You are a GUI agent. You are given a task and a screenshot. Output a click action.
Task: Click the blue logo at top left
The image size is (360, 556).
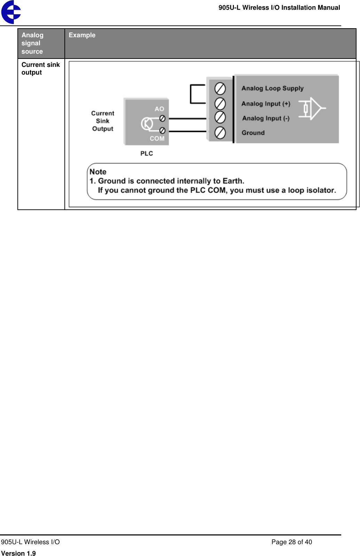11,12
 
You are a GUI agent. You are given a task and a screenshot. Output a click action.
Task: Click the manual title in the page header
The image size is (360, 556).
279,8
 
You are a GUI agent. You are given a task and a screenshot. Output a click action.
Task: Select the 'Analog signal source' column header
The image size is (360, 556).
32,43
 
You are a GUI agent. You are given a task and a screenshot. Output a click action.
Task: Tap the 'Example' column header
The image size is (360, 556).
82,35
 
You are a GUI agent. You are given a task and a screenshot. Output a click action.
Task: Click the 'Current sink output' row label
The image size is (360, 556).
40,69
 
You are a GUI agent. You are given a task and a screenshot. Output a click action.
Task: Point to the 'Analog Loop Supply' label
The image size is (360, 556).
272,88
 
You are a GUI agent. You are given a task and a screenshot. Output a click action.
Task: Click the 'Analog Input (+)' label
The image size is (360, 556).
266,104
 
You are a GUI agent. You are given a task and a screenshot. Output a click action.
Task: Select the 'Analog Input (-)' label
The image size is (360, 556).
266,118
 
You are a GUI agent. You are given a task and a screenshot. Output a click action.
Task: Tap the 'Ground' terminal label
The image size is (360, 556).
253,133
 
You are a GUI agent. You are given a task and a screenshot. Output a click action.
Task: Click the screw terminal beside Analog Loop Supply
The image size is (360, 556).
220,89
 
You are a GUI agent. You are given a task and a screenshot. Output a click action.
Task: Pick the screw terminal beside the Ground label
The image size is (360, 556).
220,133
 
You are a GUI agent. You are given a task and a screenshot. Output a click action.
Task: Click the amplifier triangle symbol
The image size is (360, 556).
316,108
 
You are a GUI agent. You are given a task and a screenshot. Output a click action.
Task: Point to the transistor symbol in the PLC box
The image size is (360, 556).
147,124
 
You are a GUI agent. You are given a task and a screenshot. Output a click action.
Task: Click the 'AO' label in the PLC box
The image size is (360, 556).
159,109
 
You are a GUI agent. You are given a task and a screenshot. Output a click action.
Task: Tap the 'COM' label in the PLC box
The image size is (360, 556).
157,138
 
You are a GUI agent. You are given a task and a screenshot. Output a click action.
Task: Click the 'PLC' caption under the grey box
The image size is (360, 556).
147,153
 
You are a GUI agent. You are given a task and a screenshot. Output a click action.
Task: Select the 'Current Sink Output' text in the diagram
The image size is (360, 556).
103,121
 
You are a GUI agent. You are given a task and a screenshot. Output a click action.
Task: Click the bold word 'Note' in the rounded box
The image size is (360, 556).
98,172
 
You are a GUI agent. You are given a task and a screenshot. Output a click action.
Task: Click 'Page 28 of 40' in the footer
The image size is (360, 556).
291,542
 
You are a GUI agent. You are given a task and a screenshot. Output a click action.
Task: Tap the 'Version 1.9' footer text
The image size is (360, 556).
18,553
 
